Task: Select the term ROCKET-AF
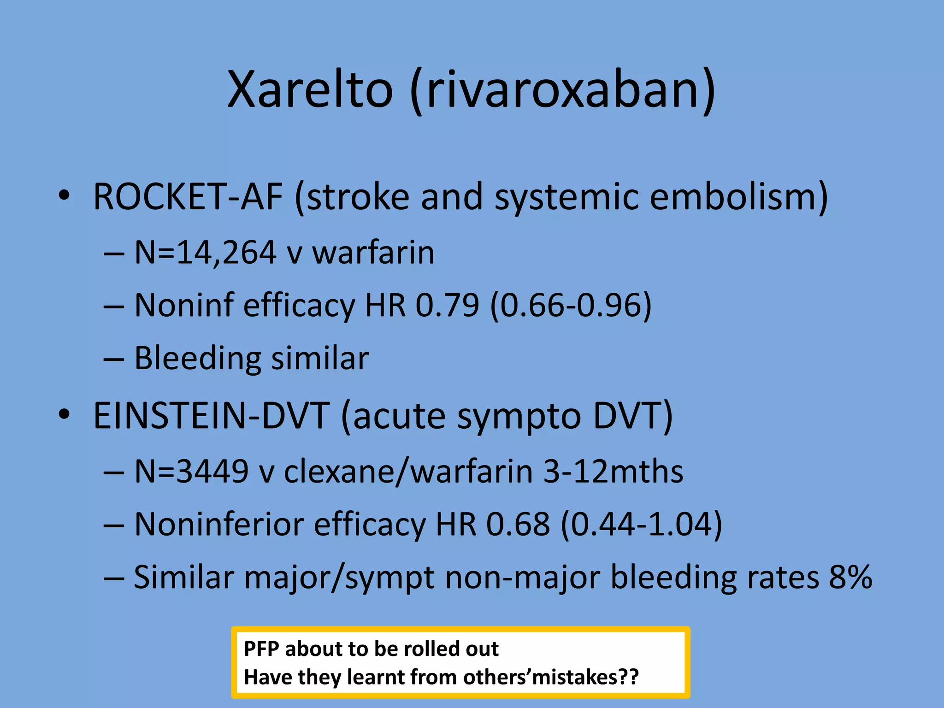coord(188,197)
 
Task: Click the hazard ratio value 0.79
coord(447,305)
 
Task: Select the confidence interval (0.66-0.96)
coord(571,305)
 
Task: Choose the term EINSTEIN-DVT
coord(212,416)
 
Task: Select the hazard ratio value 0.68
coord(518,525)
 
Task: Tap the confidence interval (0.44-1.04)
coord(641,525)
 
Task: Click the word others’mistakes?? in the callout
coord(551,677)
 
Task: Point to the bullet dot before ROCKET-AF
coord(64,196)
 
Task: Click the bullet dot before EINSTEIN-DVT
coord(64,415)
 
